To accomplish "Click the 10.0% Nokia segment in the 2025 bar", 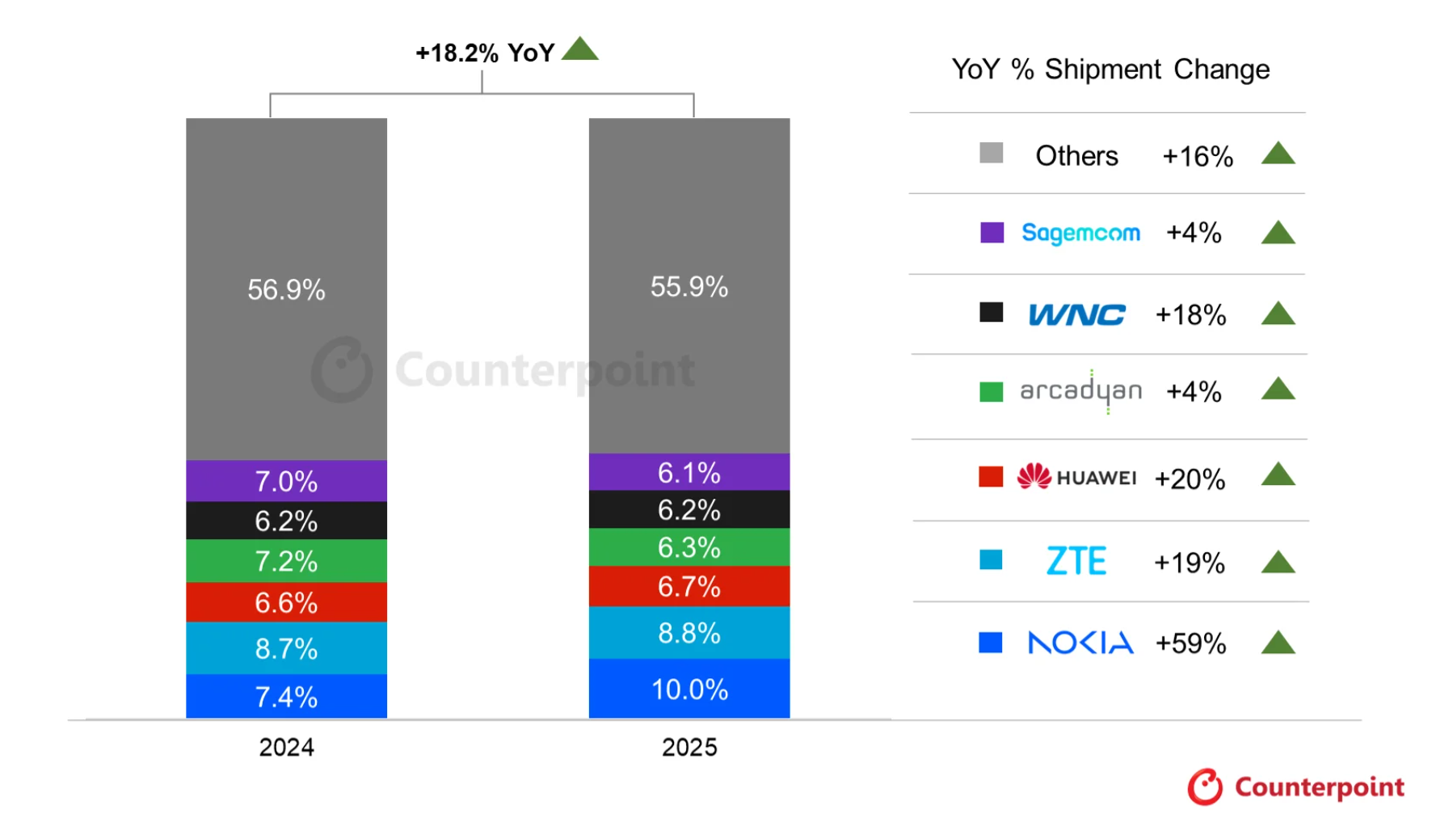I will tap(689, 689).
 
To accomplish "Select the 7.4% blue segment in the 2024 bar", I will tap(286, 696).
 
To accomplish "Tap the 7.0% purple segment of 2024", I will tap(286, 481).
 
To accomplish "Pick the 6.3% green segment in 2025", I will tap(689, 547).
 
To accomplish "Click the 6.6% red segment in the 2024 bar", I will tap(286, 602).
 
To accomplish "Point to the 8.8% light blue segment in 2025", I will tap(689, 633).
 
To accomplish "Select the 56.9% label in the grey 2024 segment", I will tap(286, 289).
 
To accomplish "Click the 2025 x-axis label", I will tap(689, 747).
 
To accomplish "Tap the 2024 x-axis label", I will tap(286, 747).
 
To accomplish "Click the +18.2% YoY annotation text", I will tap(484, 53).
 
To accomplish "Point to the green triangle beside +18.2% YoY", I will tap(579, 49).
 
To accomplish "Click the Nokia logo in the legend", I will tap(1080, 643).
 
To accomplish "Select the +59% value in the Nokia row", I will tap(1190, 643).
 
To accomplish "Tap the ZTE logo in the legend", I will tap(1076, 561).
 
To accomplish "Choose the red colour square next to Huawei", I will tap(990, 477).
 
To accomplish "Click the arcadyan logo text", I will tap(1080, 391).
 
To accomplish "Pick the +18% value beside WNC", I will tap(1190, 314).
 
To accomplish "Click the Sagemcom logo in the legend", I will tap(1080, 233).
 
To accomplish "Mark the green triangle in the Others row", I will tap(1278, 154).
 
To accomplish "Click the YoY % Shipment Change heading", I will tap(1110, 70).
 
